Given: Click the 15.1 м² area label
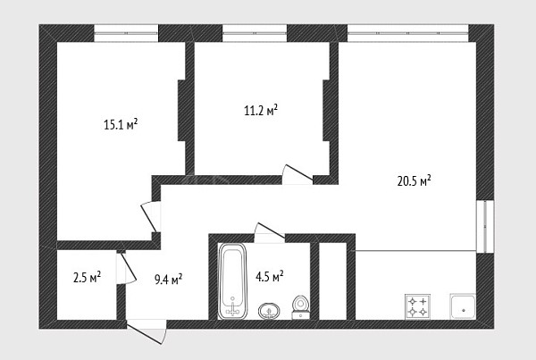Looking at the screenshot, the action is coord(121,124).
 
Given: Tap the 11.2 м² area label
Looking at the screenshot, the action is coord(261,110).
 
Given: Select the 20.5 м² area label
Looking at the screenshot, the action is coord(414,180).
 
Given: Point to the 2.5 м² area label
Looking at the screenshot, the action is coord(88,277).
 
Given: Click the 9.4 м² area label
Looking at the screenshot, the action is coord(169,280).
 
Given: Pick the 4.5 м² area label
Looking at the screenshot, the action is coord(270,276).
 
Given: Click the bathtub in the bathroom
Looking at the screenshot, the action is coord(232,281).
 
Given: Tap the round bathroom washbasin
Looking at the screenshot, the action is coord(269,311).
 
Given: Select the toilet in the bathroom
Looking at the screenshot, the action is coord(301,307).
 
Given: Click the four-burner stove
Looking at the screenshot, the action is coord(417,306).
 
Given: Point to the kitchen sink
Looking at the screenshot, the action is coord(463,306).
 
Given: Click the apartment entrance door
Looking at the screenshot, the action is coord(147,331).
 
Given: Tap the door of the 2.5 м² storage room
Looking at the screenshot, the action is coord(127,268).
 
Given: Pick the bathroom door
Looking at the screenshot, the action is coord(270,233).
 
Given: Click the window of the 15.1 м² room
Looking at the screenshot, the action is coord(126,33).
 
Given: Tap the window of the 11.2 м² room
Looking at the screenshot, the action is coord(255,33).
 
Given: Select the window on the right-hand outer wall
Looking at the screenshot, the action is coord(485,226).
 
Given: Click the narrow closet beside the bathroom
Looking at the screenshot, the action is coord(332,281).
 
